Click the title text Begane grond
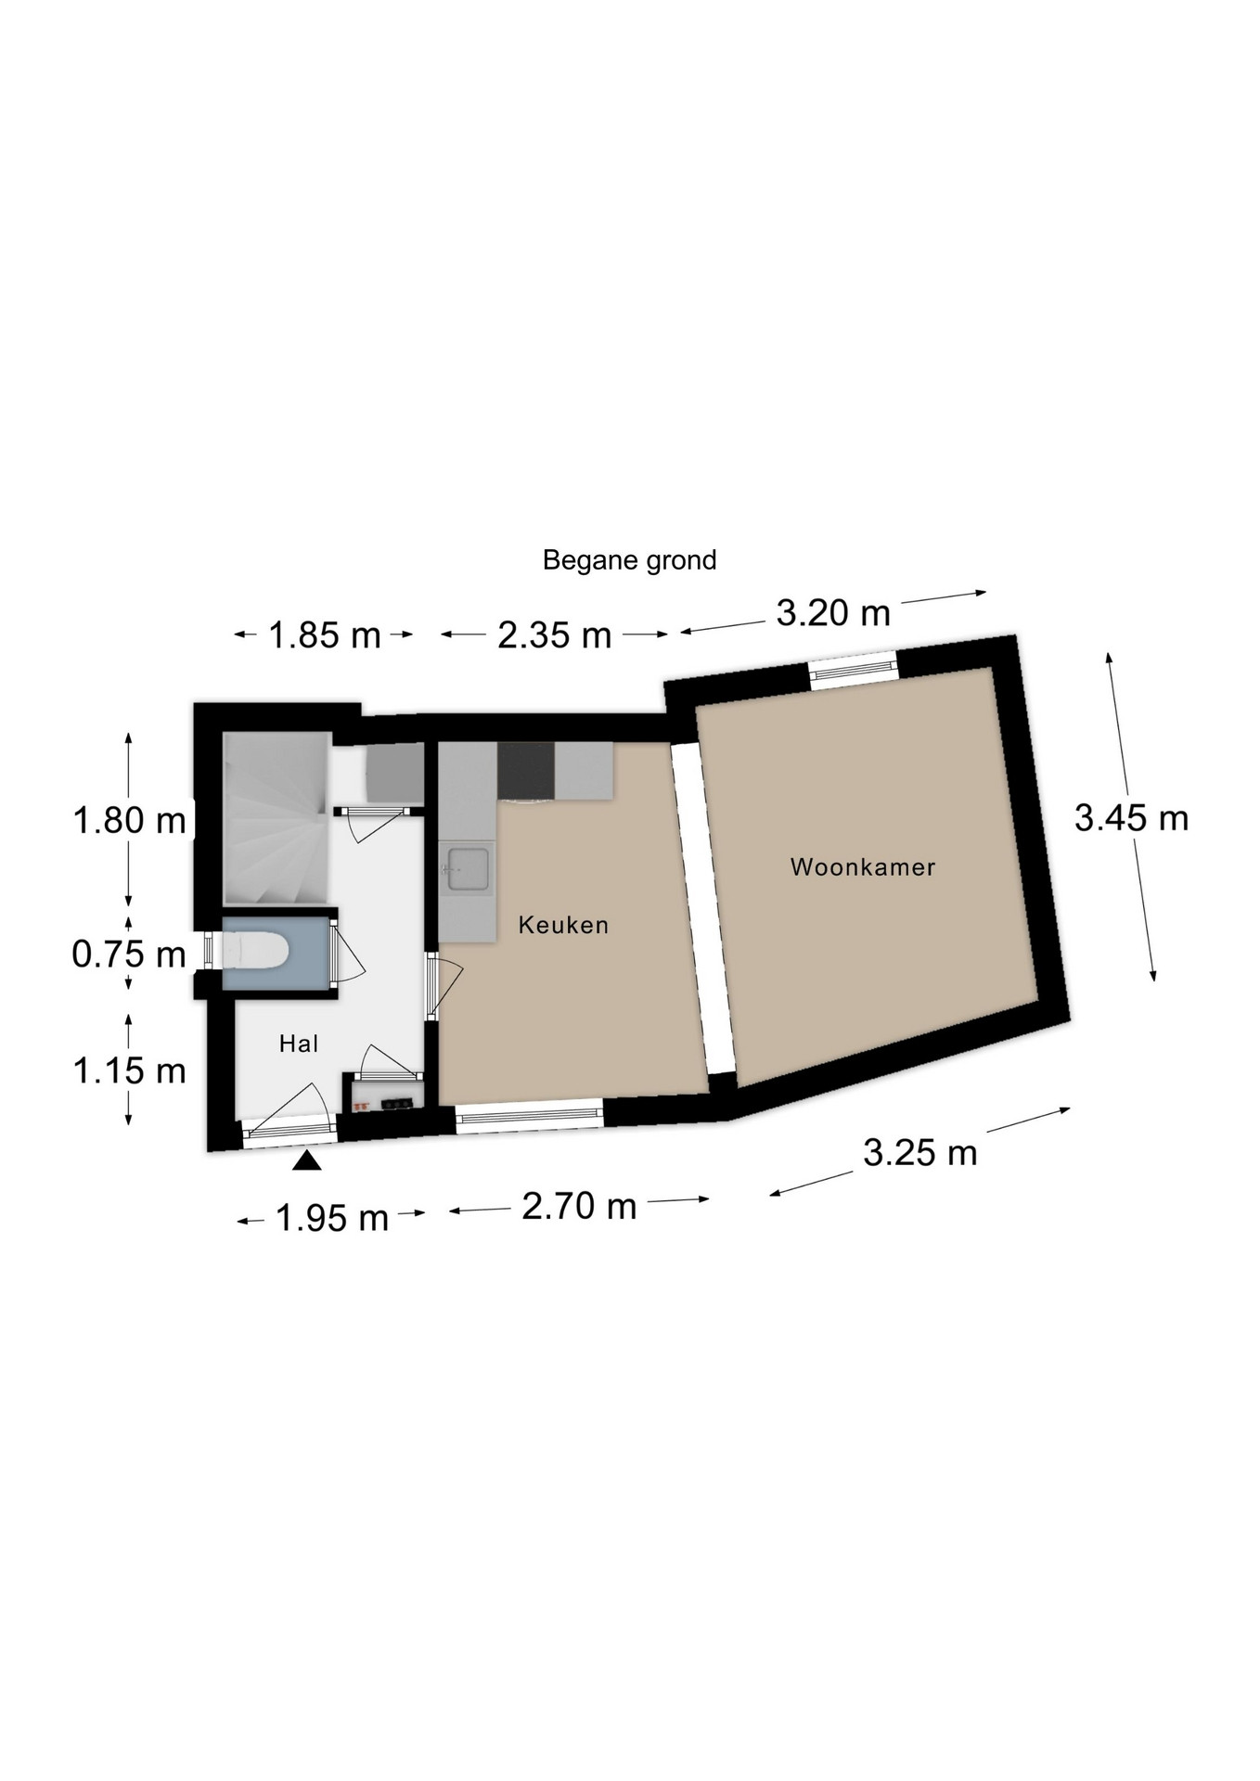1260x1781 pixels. coord(629,560)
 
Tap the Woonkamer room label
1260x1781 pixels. coord(863,867)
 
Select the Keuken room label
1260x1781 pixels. coord(563,925)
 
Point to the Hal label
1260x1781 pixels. coord(299,1044)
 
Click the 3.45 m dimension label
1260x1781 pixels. coord(1131,818)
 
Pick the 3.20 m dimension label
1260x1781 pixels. coord(833,613)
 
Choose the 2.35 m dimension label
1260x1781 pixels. coord(555,635)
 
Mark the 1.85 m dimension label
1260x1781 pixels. coord(325,635)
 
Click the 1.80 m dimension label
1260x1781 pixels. coord(130,821)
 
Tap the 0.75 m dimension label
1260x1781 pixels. coord(130,955)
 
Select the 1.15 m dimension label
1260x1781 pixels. coord(130,1071)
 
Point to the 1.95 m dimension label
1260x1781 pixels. coord(332,1218)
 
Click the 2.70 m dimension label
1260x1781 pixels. coord(579,1206)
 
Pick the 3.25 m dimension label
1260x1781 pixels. coord(920,1153)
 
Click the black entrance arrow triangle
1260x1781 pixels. coord(307,1160)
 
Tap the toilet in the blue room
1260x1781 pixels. coord(254,951)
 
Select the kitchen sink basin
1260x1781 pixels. coord(468,869)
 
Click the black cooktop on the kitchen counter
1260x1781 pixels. coord(526,771)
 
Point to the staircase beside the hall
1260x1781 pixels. coord(276,818)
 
